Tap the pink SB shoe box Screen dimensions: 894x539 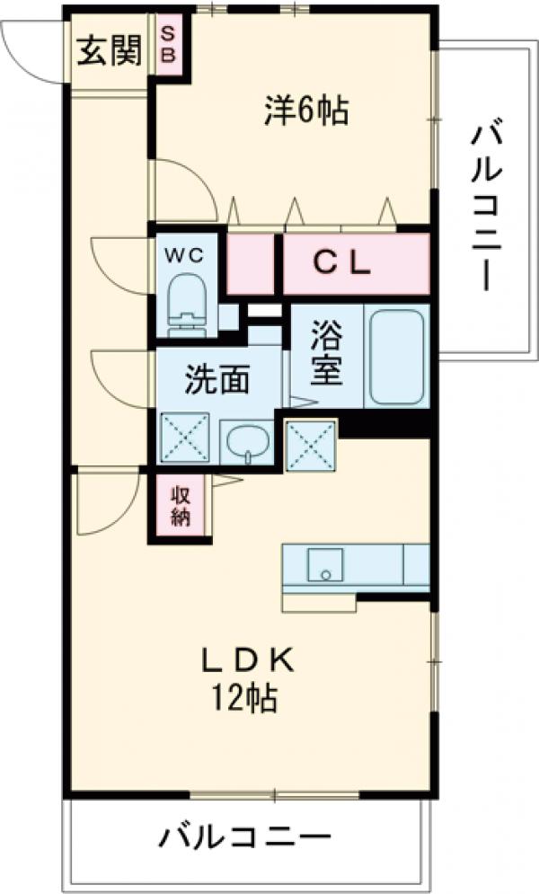click(169, 42)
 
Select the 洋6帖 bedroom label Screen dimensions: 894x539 click(305, 111)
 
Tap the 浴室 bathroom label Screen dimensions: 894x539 click(327, 356)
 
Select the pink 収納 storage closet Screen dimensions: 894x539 click(180, 506)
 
